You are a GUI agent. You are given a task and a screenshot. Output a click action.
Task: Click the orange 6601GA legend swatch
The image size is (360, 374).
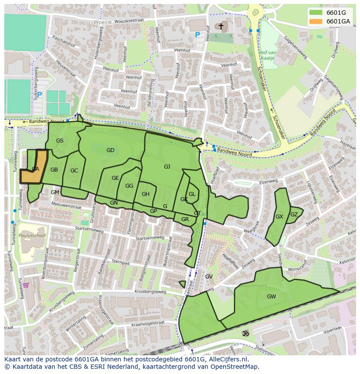point(316,21)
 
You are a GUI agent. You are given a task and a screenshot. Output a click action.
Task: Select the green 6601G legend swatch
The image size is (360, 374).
point(316,13)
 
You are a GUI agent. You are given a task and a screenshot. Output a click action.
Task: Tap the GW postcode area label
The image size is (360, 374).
point(271,297)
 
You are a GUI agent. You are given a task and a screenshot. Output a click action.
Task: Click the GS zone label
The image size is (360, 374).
point(60,140)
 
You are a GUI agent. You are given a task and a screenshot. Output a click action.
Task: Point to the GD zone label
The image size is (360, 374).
point(110,150)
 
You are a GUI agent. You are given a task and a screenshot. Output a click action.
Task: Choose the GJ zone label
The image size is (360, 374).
point(167,167)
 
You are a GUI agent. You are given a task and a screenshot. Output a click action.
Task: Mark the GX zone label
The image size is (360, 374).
point(279,216)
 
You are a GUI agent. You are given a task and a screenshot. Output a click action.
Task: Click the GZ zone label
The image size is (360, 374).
point(294,214)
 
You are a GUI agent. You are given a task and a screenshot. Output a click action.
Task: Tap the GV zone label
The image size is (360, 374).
point(209,277)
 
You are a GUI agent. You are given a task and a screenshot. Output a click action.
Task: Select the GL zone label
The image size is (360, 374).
point(192,194)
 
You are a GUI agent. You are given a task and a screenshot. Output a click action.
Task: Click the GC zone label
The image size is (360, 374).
point(74,171)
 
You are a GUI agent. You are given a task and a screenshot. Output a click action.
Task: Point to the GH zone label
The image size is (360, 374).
point(145,194)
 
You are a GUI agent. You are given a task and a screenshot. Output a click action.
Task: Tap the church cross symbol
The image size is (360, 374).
point(221,26)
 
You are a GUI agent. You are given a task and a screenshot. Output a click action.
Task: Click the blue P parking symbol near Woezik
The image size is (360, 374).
point(197,35)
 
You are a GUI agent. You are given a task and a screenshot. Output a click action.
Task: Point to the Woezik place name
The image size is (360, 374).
point(103,21)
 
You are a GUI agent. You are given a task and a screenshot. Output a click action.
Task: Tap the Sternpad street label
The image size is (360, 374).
point(120,262)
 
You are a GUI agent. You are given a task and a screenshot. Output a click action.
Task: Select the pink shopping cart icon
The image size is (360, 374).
point(26,285)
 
